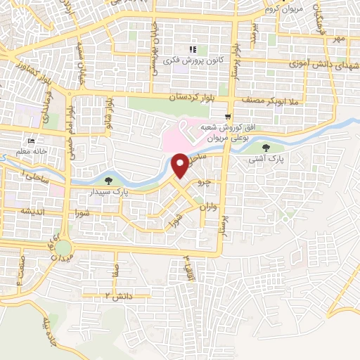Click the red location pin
pos(181,164)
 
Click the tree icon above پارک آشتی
pos(266,148)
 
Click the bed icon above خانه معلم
pos(30,141)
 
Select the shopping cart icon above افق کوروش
pos(227,117)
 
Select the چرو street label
pos(203,181)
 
